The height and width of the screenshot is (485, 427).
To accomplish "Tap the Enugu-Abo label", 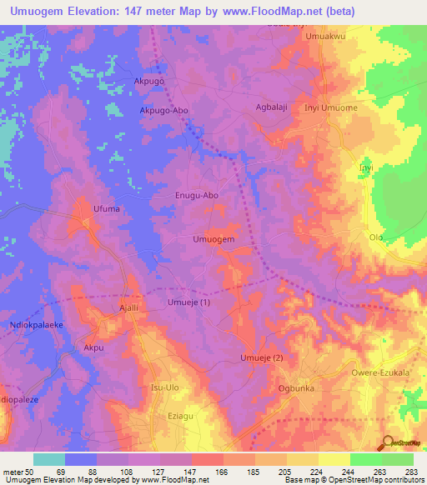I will click(x=197, y=196).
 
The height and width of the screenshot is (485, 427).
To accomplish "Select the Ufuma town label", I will click(x=108, y=209).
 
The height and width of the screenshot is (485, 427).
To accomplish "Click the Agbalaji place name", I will click(x=271, y=107).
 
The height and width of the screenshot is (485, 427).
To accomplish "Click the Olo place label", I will click(x=376, y=237).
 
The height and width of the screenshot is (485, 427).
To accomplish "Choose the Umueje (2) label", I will click(x=262, y=358).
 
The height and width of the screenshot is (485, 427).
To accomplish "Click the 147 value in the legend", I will click(x=176, y=472).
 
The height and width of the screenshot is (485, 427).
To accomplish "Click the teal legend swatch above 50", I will click(x=49, y=459).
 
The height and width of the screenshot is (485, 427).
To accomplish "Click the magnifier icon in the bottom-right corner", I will click(x=386, y=443).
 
